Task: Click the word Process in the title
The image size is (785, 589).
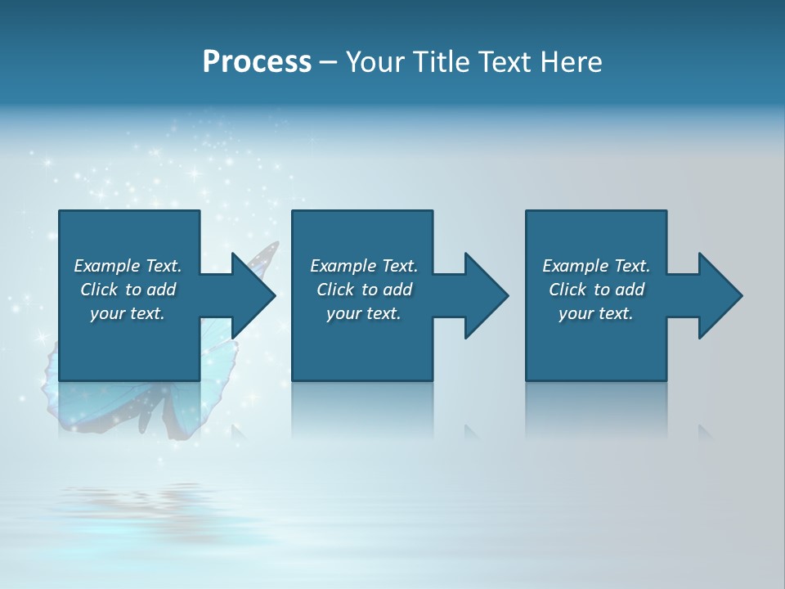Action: [257, 62]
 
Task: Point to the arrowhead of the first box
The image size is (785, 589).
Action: [253, 295]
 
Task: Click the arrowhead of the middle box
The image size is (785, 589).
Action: [487, 295]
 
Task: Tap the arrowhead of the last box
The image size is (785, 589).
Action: [720, 295]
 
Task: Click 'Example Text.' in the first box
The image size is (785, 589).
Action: [128, 266]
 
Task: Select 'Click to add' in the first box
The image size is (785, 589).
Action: [128, 290]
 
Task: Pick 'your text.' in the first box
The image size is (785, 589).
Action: [128, 313]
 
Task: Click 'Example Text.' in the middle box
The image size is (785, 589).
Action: [364, 266]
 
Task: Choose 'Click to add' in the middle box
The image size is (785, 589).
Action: [364, 290]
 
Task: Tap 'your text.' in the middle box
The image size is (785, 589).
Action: [364, 313]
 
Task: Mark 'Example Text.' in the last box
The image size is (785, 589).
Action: [596, 266]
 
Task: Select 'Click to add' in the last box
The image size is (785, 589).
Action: [596, 290]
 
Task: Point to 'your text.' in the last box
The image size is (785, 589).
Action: [596, 313]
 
